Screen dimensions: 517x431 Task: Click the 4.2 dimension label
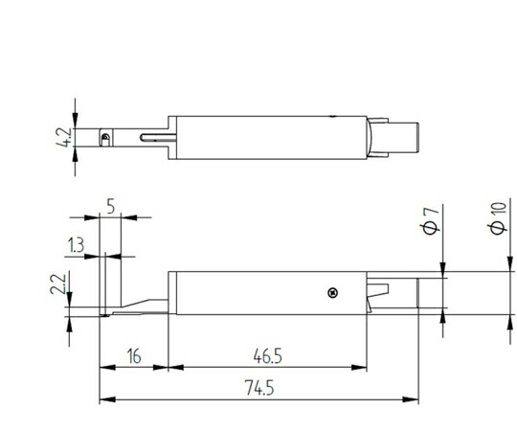tap(63, 137)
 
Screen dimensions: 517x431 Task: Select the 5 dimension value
tap(111, 207)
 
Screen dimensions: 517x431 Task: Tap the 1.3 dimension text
tap(76, 244)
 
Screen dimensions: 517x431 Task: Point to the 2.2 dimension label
tap(57, 283)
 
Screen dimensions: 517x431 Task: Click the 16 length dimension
tap(134, 356)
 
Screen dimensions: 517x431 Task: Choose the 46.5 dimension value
tap(268, 356)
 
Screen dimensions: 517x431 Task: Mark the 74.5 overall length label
tap(259, 388)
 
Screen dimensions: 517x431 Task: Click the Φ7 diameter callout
tap(431, 221)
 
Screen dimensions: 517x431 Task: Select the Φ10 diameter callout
tap(498, 218)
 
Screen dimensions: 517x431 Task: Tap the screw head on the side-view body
tap(333, 292)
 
